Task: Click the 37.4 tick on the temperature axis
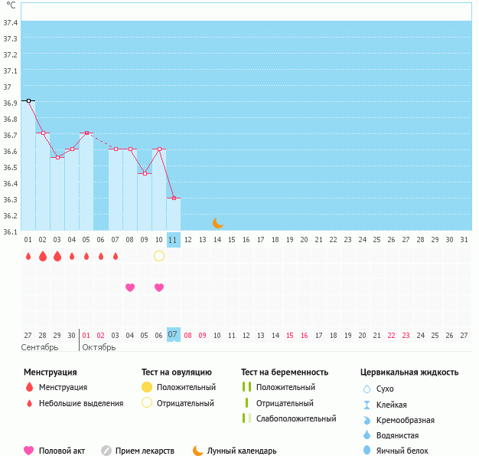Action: (11, 22)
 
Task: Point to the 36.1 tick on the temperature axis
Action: (11, 231)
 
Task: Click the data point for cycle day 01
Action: (28, 100)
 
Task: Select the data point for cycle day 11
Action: (174, 198)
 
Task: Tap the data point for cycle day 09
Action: (145, 173)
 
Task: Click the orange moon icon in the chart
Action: (218, 222)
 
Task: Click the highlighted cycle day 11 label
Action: (174, 240)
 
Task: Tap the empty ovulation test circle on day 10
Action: (159, 256)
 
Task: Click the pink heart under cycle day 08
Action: (130, 287)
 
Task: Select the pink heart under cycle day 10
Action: (159, 287)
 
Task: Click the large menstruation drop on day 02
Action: (43, 256)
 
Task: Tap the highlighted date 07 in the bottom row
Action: (174, 335)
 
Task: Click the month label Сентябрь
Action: (39, 347)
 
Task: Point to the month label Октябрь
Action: (99, 347)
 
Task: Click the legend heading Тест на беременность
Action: (285, 372)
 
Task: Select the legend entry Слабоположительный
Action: (296, 418)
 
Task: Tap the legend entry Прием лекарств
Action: (145, 451)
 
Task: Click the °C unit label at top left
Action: (11, 5)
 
